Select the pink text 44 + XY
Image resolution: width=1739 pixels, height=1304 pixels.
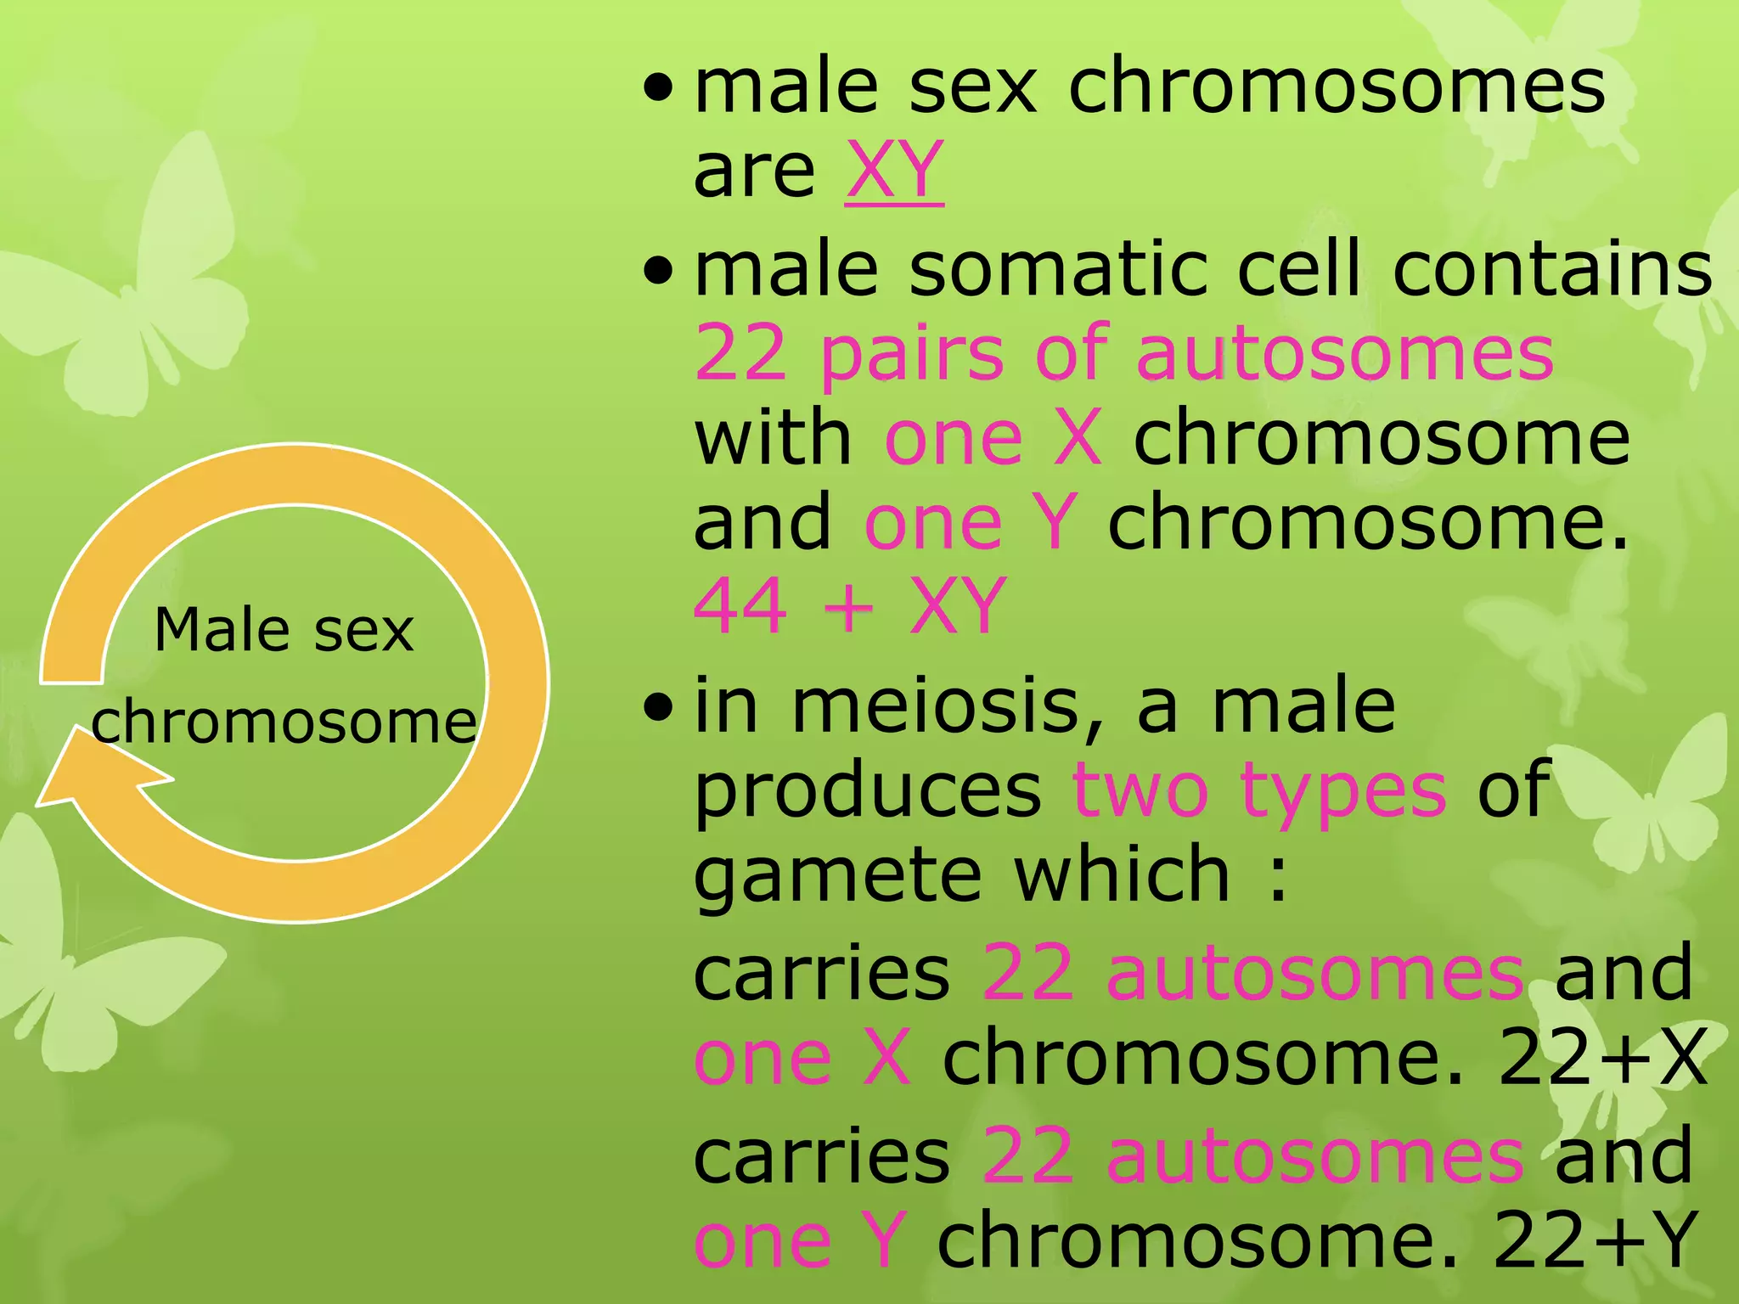(x=849, y=606)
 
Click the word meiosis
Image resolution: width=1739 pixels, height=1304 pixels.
(x=934, y=706)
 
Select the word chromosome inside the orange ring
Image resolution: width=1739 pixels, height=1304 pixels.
(x=284, y=723)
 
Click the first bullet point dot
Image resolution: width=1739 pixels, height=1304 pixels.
(x=657, y=87)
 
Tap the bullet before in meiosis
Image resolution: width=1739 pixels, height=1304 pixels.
(x=657, y=707)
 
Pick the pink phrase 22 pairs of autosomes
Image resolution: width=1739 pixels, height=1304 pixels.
(x=1123, y=354)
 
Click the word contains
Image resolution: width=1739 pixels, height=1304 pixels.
(x=1552, y=270)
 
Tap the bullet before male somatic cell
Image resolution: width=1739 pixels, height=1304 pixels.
(x=657, y=272)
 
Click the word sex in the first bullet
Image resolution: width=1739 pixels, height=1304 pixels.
(x=973, y=87)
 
